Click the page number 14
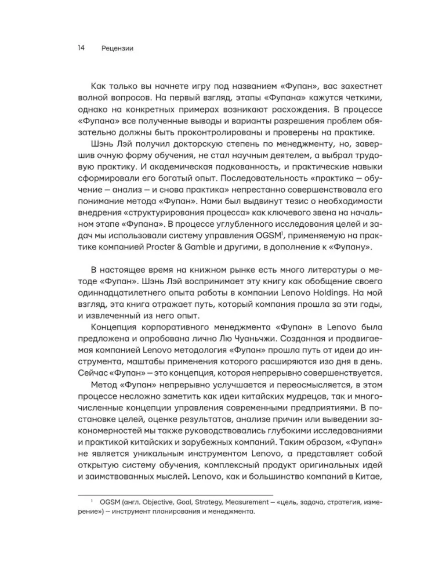pos(81,49)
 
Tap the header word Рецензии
pos(117,49)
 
